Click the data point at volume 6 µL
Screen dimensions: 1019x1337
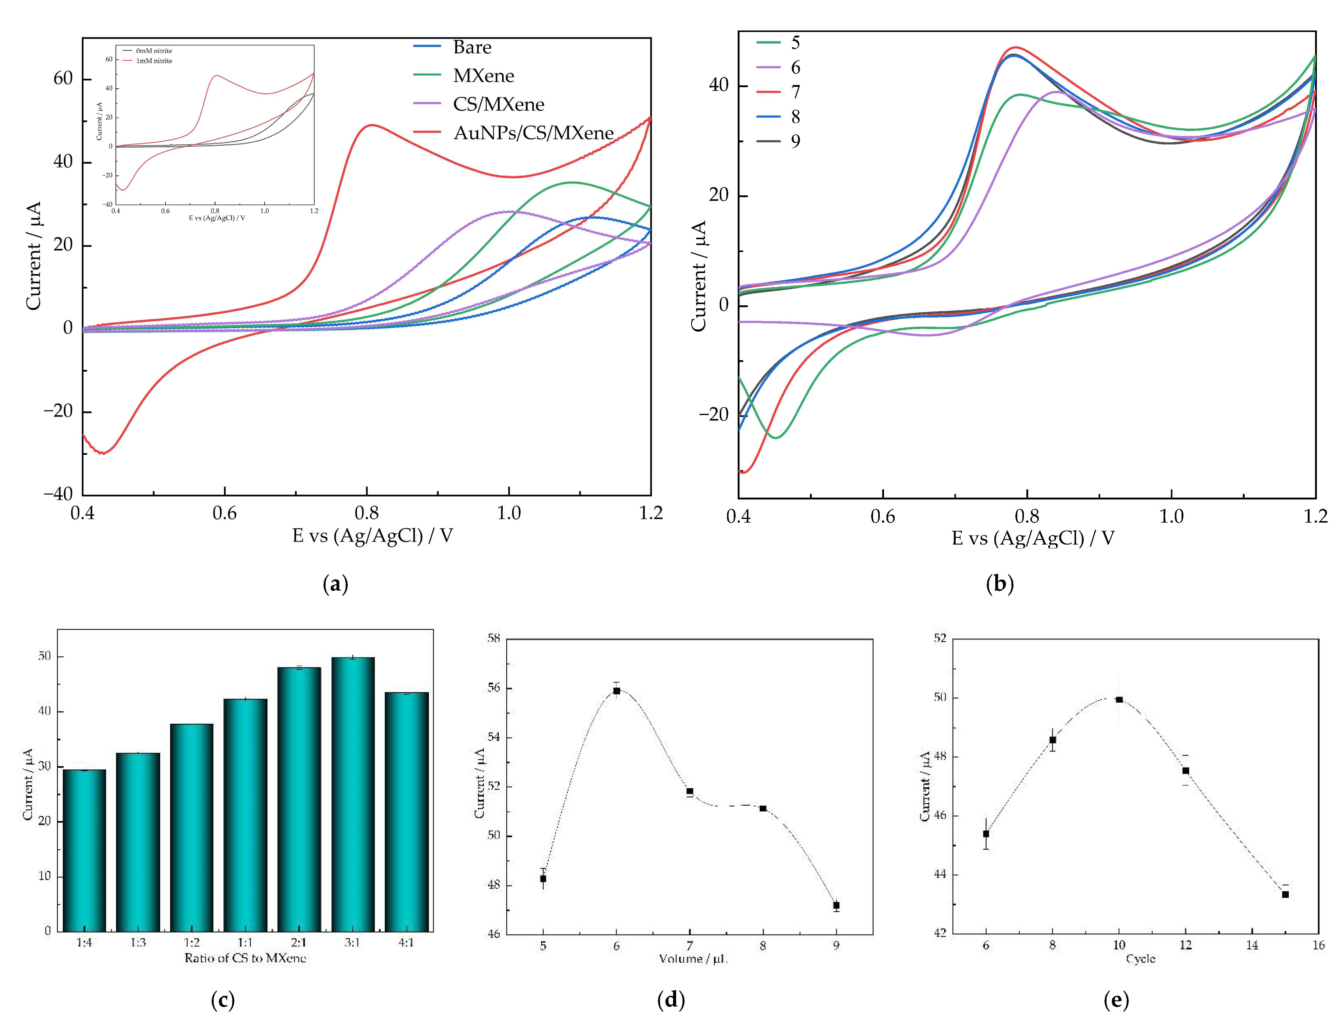pos(616,691)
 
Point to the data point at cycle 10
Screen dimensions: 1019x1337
pos(1119,699)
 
